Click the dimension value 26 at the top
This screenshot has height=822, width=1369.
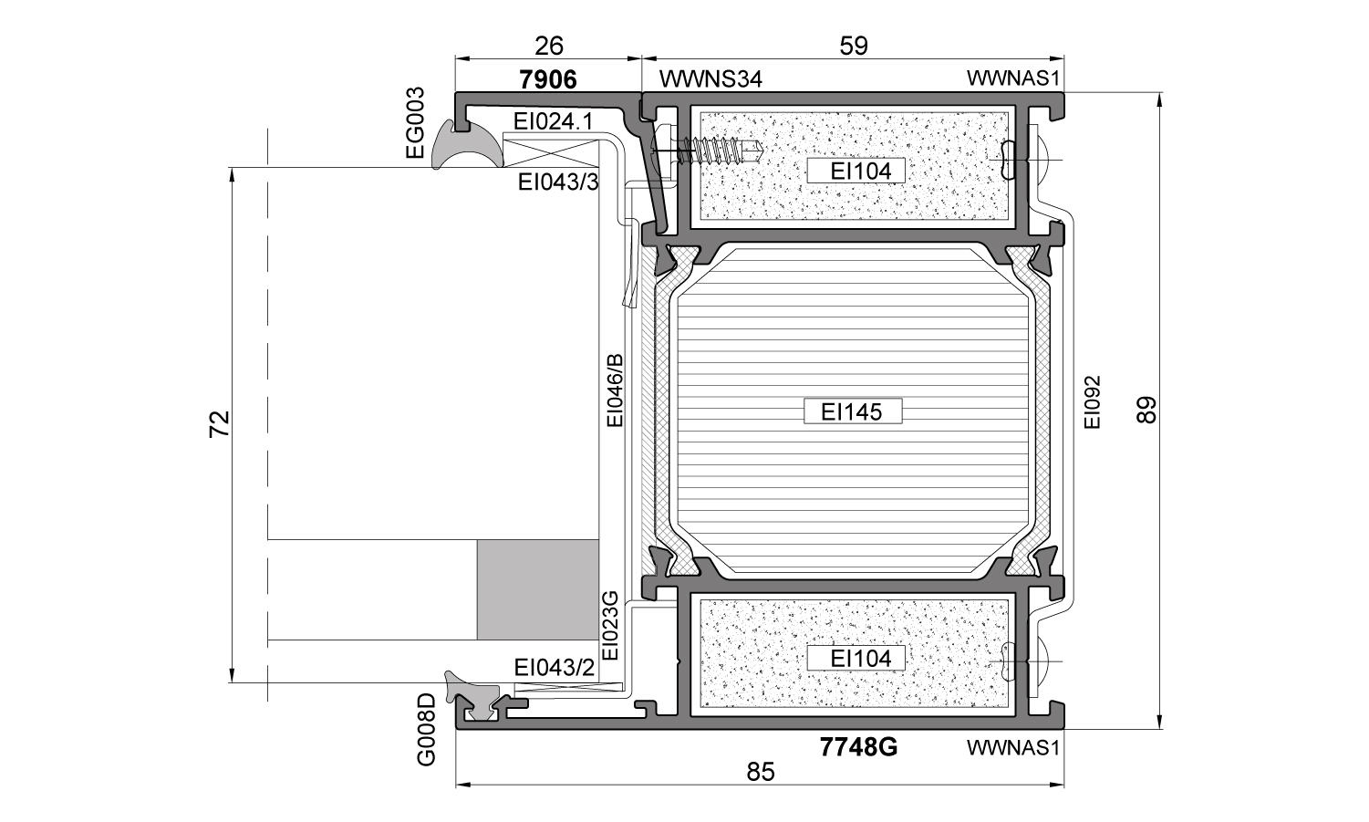coord(549,46)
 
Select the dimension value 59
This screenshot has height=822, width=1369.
coord(854,46)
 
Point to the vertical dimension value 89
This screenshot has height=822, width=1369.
coord(1147,410)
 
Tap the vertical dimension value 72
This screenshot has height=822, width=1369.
coord(220,423)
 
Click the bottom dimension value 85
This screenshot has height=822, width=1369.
coord(761,772)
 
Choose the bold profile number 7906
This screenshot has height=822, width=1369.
coord(547,79)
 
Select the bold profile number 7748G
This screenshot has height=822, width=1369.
coord(858,747)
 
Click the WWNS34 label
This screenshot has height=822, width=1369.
coord(710,78)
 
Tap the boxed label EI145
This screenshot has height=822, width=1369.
coord(852,411)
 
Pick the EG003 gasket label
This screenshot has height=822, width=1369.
coord(415,123)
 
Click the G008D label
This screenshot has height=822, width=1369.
coord(426,729)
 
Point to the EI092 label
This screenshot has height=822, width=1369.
coord(1092,402)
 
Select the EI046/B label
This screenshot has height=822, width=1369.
coord(614,390)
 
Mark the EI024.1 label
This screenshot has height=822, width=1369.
coord(553,121)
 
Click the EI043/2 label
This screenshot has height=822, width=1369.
coord(554,668)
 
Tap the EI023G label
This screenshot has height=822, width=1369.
coord(610,625)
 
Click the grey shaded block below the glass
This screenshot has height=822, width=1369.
coord(538,589)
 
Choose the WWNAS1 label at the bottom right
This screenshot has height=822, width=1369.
coord(1012,747)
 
